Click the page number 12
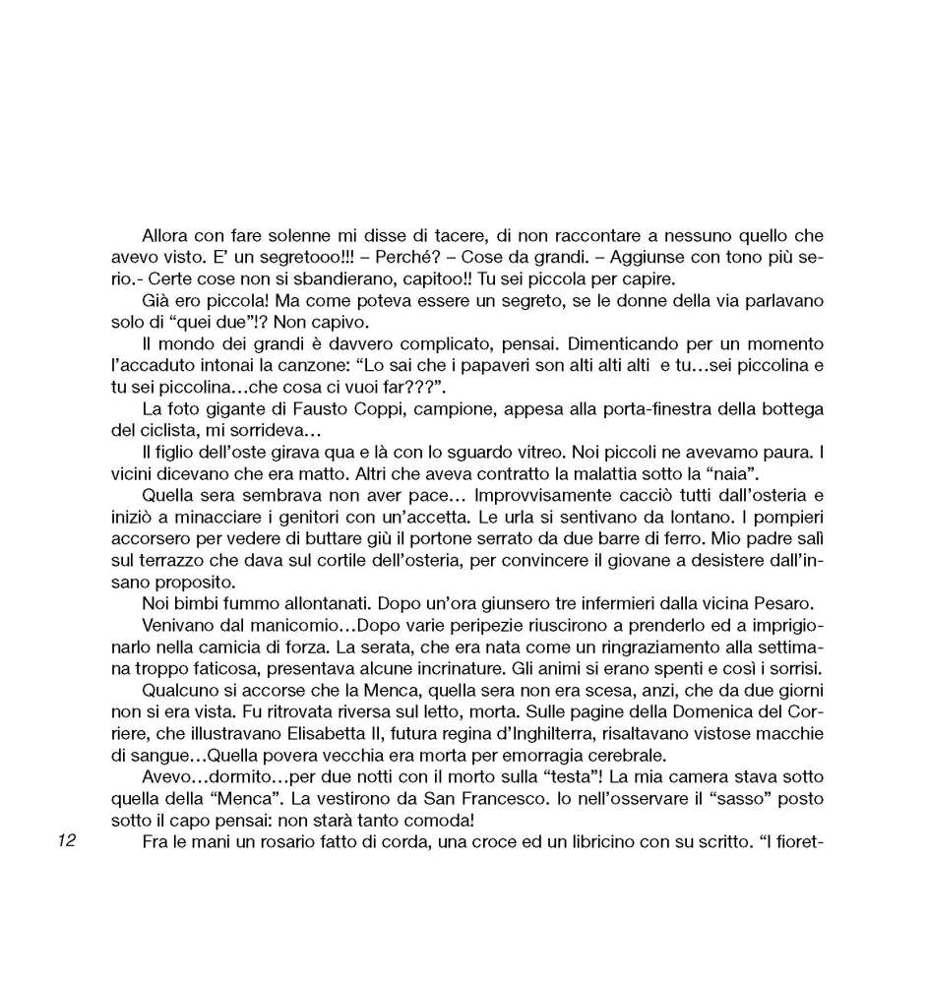click(x=67, y=840)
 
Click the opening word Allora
click(x=165, y=236)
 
